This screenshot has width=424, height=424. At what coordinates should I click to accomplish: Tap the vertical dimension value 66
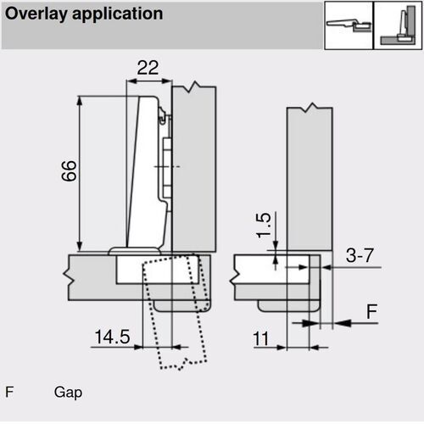pyautogui.click(x=70, y=173)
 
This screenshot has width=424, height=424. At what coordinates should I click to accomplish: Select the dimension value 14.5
pyautogui.click(x=111, y=337)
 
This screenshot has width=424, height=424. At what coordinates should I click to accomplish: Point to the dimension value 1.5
pyautogui.click(x=264, y=225)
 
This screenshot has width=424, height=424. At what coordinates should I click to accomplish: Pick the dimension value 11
pyautogui.click(x=261, y=338)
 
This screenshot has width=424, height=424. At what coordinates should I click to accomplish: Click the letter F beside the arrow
pyautogui.click(x=371, y=312)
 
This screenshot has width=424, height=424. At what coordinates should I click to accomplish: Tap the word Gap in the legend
pyautogui.click(x=68, y=393)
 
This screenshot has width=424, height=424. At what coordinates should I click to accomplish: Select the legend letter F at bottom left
pyautogui.click(x=9, y=393)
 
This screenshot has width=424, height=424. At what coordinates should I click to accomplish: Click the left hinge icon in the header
pyautogui.click(x=348, y=25)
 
